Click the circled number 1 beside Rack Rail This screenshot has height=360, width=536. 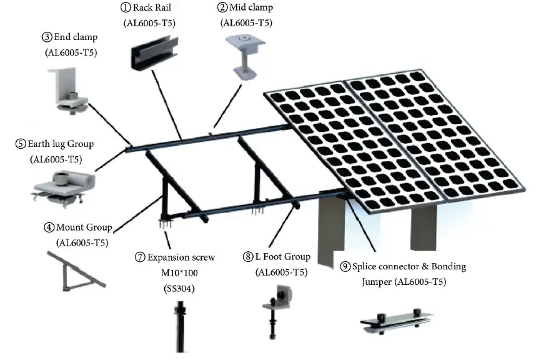[124, 8]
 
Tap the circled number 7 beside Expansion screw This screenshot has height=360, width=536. [141, 257]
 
